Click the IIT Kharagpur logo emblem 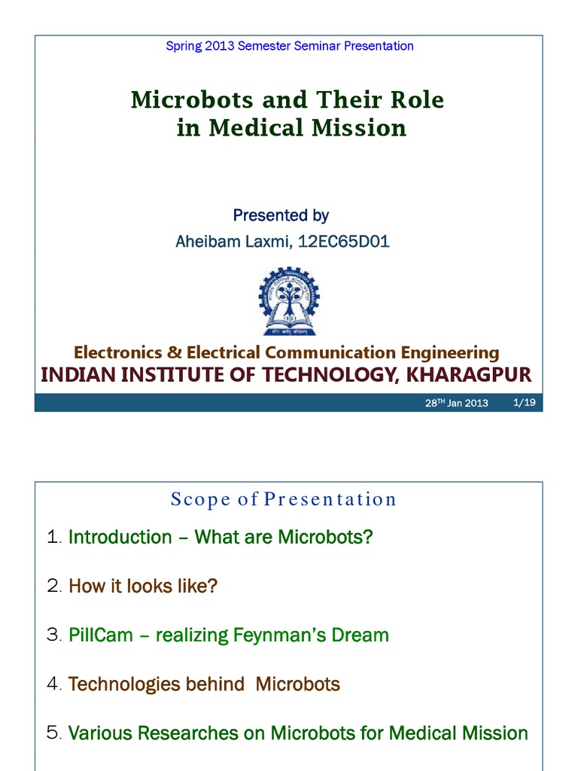(x=289, y=302)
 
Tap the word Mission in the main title (x=364, y=128)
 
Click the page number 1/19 (x=523, y=402)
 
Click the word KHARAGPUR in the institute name (x=467, y=374)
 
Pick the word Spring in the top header (x=183, y=46)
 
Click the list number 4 (x=53, y=684)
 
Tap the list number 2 (x=53, y=586)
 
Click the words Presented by (x=281, y=216)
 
